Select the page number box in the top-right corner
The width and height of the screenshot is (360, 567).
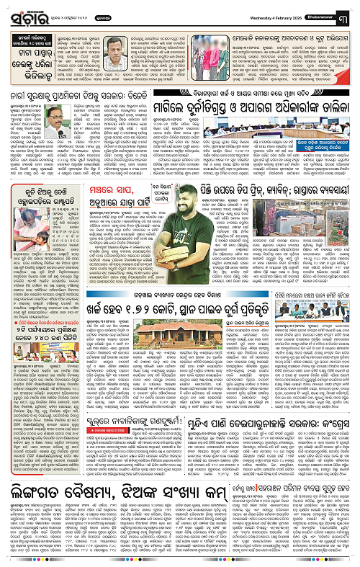pos(349,10)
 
